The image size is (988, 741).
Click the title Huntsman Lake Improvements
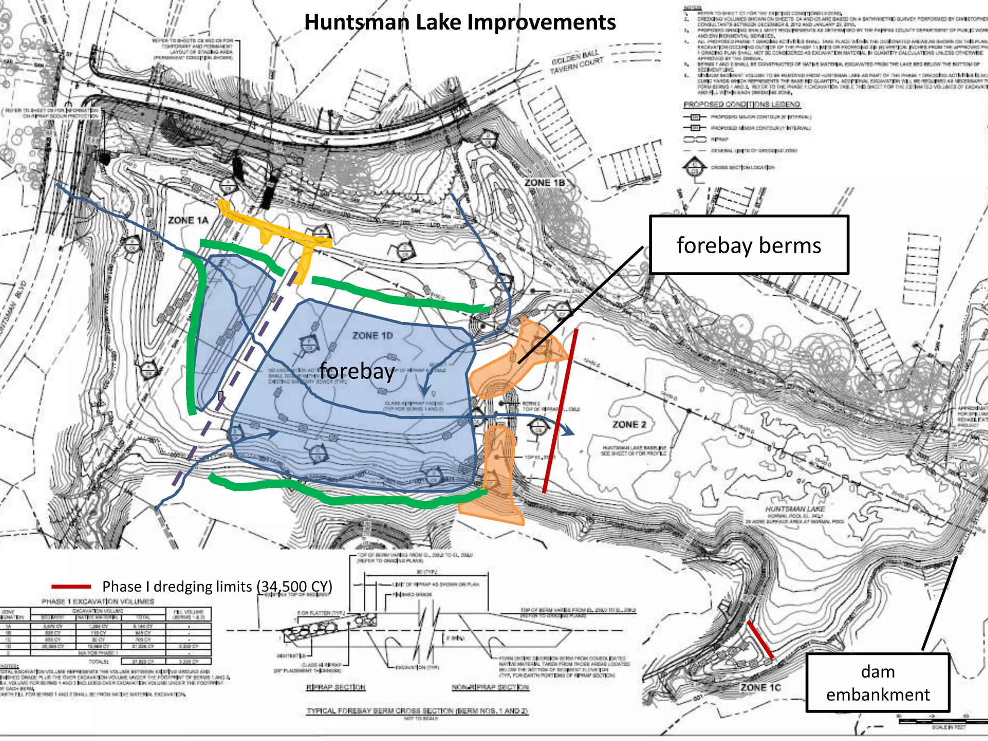(x=460, y=22)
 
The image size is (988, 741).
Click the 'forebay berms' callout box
(x=749, y=245)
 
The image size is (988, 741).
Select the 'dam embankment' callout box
(x=878, y=683)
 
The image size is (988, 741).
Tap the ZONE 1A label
(x=188, y=220)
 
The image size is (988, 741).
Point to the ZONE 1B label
(x=545, y=183)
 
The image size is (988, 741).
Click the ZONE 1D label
(x=372, y=335)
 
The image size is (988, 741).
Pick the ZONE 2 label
(x=629, y=425)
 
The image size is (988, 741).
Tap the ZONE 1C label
(x=761, y=687)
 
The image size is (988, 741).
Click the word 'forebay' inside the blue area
(x=357, y=371)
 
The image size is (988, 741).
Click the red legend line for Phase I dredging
(x=71, y=587)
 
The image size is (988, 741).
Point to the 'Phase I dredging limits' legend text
(x=217, y=587)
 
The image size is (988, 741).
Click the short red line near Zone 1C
(x=760, y=640)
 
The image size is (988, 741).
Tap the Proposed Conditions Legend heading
(x=741, y=104)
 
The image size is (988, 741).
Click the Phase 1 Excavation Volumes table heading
(x=98, y=602)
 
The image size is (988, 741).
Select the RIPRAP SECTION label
(x=336, y=687)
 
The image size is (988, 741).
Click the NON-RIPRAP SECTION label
(x=490, y=687)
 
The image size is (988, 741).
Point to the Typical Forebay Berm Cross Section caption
(x=417, y=711)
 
